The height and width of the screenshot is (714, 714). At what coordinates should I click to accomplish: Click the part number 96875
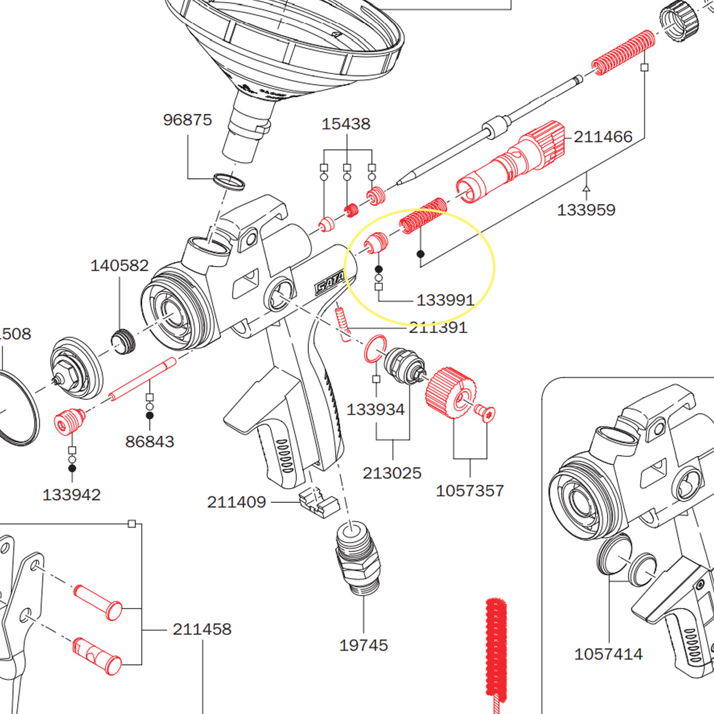pos(187,120)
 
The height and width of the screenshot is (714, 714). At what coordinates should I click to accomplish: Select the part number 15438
pos(346,124)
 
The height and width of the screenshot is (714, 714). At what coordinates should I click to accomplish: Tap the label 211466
pos(603,137)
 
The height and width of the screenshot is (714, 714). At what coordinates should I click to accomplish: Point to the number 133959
pos(586,210)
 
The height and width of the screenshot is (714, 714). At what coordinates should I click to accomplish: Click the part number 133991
pos(445,300)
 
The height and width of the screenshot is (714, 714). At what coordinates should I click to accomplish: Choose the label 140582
pos(119,266)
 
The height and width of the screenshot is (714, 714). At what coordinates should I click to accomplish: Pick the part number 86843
pos(149,442)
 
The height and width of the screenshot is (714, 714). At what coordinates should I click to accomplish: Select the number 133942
pos(71,495)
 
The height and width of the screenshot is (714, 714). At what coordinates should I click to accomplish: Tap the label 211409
pos(237,502)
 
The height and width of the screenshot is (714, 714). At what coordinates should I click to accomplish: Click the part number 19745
pos(364,645)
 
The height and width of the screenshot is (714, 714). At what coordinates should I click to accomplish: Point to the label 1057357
pos(470,491)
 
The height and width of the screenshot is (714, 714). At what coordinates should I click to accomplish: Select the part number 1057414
pos(608,654)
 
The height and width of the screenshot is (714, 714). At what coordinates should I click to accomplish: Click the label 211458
pos(202,629)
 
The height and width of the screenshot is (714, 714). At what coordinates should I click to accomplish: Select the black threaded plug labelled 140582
pos(123,341)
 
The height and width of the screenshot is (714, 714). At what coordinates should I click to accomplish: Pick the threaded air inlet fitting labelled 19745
pos(358,559)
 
